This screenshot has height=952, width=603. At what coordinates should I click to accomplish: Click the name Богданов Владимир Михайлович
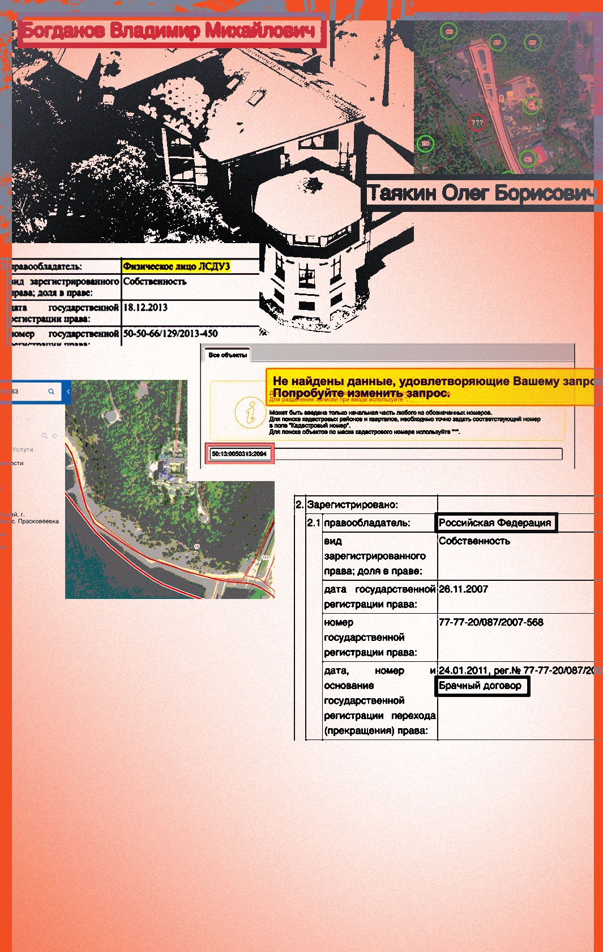pyautogui.click(x=169, y=31)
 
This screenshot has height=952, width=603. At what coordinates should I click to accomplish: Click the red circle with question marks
pyautogui.click(x=477, y=122)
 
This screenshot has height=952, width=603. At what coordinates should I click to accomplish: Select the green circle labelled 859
pyautogui.click(x=449, y=31)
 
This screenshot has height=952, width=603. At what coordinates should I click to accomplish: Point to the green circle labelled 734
pyautogui.click(x=425, y=143)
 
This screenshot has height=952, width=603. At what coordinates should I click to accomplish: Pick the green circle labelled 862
pyautogui.click(x=528, y=159)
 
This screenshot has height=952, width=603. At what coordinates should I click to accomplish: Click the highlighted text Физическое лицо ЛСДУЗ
pyautogui.click(x=176, y=266)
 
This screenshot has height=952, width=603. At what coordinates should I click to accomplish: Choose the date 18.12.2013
pyautogui.click(x=146, y=308)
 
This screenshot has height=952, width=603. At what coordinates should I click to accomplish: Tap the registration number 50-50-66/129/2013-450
pyautogui.click(x=170, y=334)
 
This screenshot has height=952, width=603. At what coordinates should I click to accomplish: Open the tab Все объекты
pyautogui.click(x=227, y=355)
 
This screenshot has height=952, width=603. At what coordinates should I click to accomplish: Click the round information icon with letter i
pyautogui.click(x=250, y=412)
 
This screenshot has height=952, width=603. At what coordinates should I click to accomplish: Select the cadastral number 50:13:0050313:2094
pyautogui.click(x=239, y=454)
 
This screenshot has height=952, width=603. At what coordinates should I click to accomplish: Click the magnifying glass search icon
pyautogui.click(x=52, y=392)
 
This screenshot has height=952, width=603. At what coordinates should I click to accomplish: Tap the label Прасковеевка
pyautogui.click(x=38, y=521)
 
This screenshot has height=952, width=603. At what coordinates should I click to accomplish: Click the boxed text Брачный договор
pyautogui.click(x=481, y=686)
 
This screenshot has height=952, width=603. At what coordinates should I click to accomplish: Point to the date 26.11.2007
pyautogui.click(x=463, y=589)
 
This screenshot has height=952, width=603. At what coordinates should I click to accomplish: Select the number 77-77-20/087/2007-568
pyautogui.click(x=491, y=622)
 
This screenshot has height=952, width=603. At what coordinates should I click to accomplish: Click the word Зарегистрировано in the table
pyautogui.click(x=352, y=504)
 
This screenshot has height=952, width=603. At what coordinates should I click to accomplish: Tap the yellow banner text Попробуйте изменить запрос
pyautogui.click(x=361, y=393)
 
